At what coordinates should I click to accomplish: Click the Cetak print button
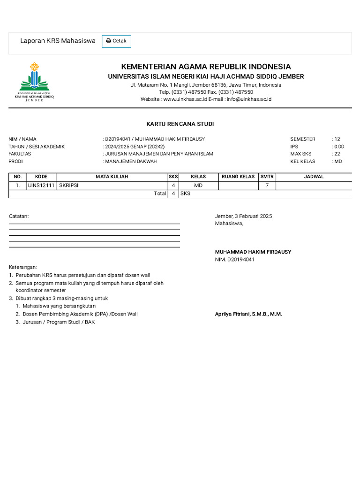[116, 41]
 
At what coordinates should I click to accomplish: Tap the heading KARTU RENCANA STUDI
[180, 124]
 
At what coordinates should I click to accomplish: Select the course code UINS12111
[41, 186]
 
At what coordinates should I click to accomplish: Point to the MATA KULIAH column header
[112, 177]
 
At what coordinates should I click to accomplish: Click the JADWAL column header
[314, 177]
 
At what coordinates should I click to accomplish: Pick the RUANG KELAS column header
[238, 177]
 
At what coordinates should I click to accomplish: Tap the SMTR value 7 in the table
[267, 186]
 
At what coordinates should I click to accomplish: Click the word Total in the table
[160, 194]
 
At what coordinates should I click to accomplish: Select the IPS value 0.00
[338, 147]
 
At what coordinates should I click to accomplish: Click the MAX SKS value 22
[337, 154]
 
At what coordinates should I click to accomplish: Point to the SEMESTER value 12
[337, 139]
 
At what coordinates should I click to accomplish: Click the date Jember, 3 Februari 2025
[243, 216]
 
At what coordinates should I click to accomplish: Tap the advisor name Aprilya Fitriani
[248, 314]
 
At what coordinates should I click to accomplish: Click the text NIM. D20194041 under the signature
[235, 260]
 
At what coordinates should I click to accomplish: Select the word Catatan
[19, 216]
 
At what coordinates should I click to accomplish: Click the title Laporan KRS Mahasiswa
[58, 41]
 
